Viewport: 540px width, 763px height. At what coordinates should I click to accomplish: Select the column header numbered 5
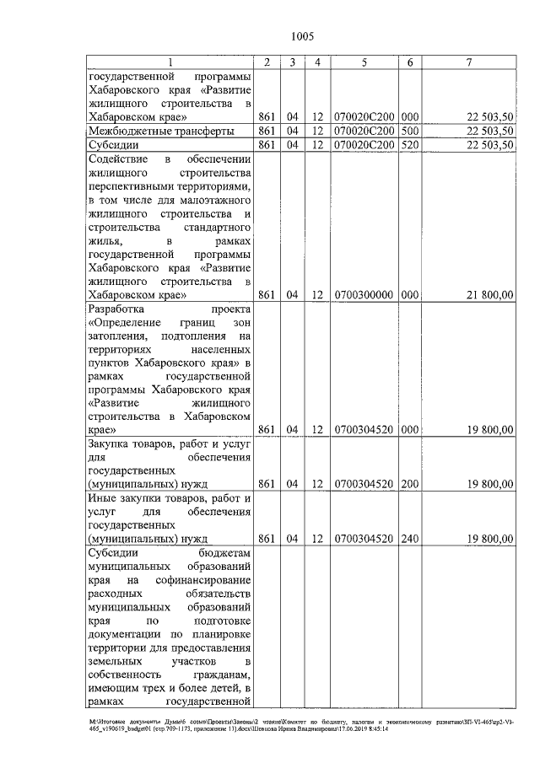[x=363, y=62]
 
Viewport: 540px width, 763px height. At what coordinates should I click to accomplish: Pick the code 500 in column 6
[x=410, y=131]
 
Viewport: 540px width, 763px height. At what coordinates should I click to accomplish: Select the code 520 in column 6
[x=410, y=145]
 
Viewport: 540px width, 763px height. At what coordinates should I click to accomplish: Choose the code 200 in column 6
[x=410, y=484]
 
